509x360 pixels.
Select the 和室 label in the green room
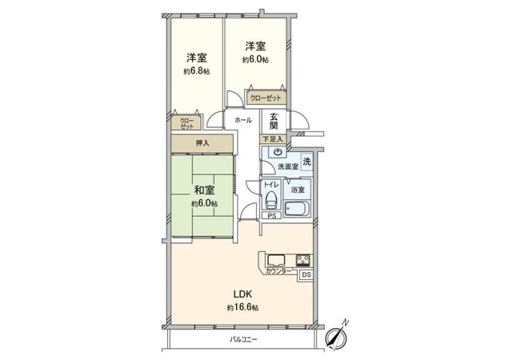pyautogui.click(x=203, y=190)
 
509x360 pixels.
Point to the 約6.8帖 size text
pyautogui.click(x=196, y=71)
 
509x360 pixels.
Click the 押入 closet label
pyautogui.click(x=202, y=143)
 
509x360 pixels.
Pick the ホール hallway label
pyautogui.click(x=244, y=120)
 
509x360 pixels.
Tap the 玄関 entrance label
pyautogui.click(x=274, y=121)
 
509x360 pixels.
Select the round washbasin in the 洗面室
pyautogui.click(x=278, y=151)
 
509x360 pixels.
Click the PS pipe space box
pyautogui.click(x=272, y=215)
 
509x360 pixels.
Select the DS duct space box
pyautogui.click(x=305, y=275)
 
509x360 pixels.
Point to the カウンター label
pyautogui.click(x=279, y=271)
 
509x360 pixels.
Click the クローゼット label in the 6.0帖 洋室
pyautogui.click(x=266, y=98)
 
